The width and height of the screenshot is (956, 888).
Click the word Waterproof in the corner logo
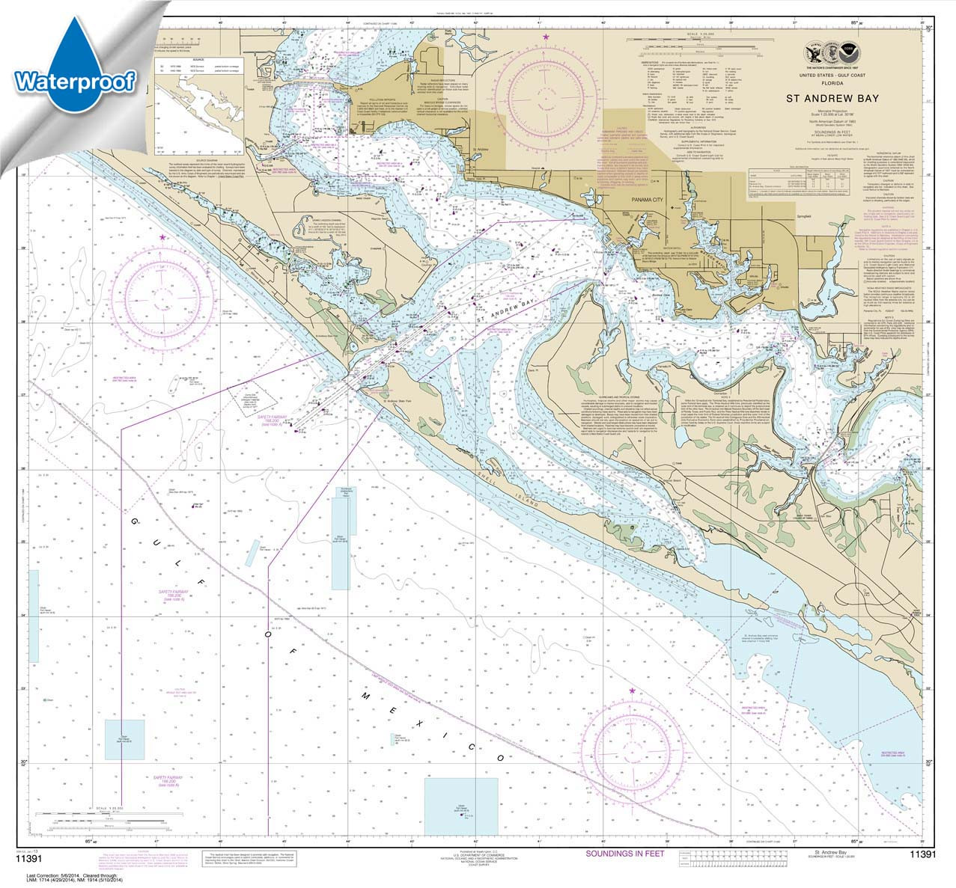coord(74,80)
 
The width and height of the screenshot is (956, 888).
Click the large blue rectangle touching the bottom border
coord(460,803)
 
